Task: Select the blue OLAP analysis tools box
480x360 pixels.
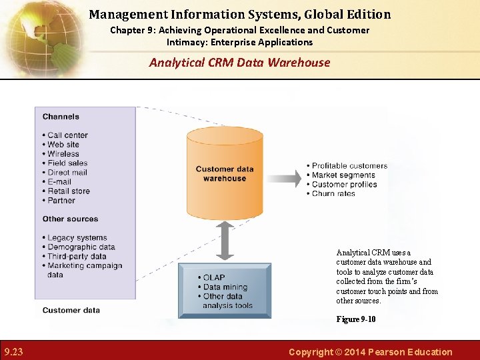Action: [225, 291]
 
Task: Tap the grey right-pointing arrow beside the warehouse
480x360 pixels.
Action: [284, 179]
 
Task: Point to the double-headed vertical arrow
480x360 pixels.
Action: [225, 241]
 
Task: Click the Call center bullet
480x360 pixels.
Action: [67, 135]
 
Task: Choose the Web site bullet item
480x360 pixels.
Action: [63, 145]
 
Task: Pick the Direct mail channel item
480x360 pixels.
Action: [67, 172]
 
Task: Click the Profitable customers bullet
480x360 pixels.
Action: [349, 166]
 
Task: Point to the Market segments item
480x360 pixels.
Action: [343, 175]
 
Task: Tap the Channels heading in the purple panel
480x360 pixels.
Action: [61, 117]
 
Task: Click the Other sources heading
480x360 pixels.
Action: [70, 219]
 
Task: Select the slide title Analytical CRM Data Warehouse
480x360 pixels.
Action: [239, 63]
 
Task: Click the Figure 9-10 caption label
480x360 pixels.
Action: [355, 319]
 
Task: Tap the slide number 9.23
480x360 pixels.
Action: [13, 352]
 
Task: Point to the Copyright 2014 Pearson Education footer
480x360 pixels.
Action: [370, 352]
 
